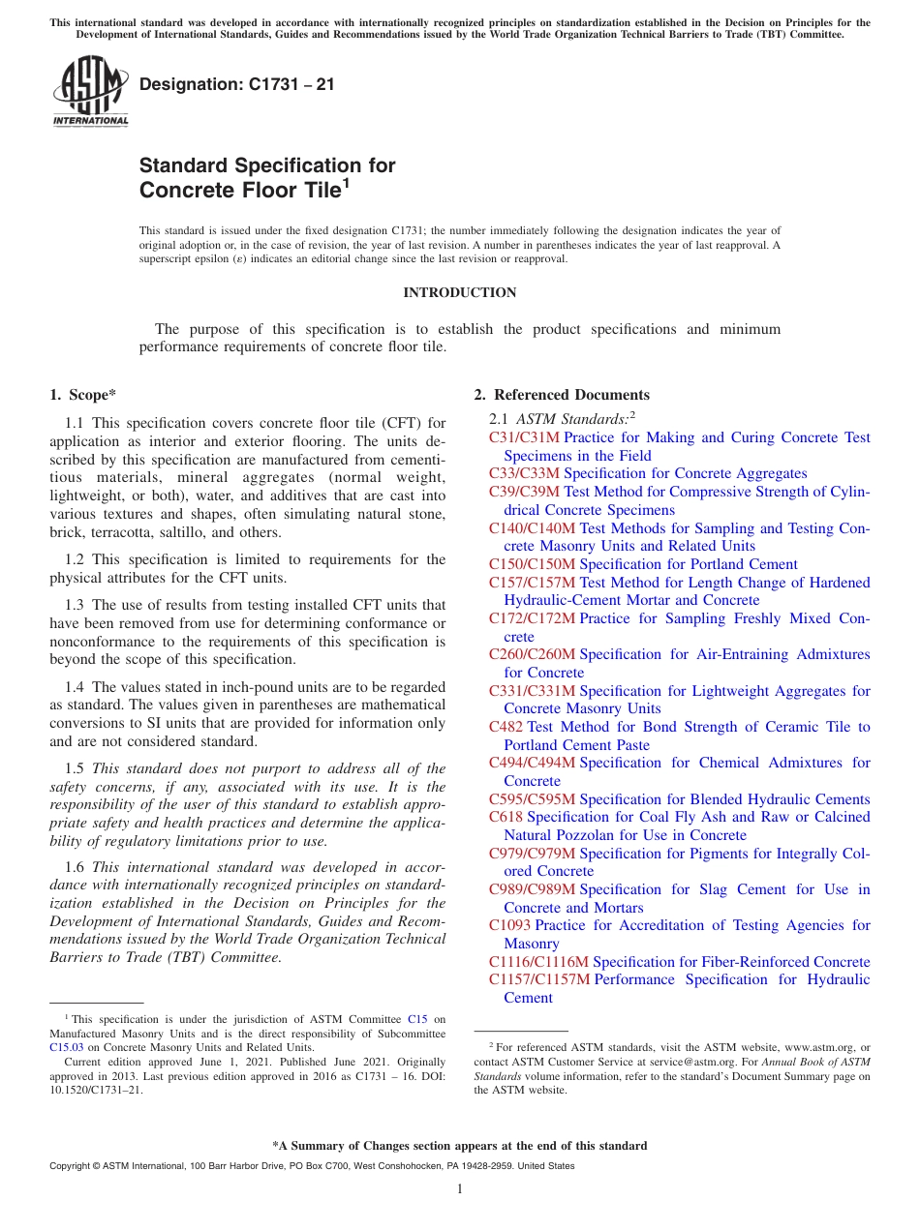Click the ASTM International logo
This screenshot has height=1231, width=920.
click(90, 93)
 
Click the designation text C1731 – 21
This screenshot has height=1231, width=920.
click(237, 85)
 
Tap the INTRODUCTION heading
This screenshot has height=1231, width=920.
click(459, 292)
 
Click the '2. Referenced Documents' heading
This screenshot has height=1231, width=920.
click(562, 395)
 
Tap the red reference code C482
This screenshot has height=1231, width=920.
click(506, 727)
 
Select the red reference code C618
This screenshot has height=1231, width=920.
click(506, 817)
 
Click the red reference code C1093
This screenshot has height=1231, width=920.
click(509, 925)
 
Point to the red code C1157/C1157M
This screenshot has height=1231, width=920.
click(539, 979)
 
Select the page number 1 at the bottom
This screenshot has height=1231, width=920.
click(460, 1189)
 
